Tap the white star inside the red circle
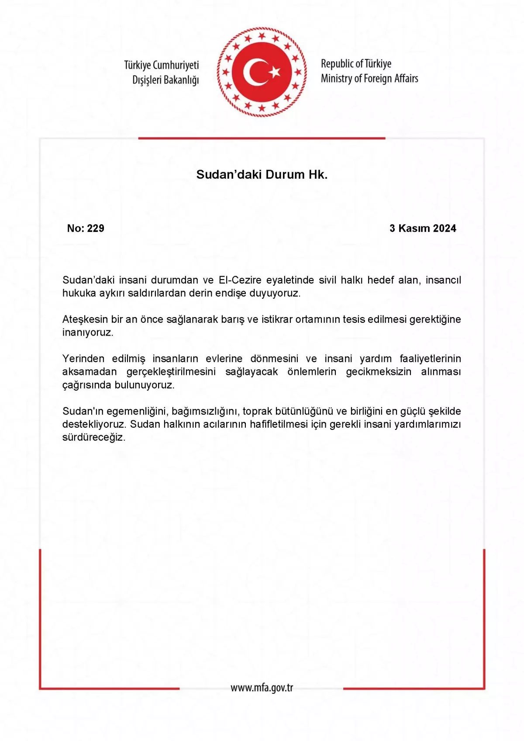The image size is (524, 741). point(275,72)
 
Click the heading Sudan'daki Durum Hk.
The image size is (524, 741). point(262,174)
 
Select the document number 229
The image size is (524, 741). point(96,228)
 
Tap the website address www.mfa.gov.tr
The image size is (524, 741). point(262,688)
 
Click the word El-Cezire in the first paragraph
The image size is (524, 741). point(240,280)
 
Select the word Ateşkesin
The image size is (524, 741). point(85,319)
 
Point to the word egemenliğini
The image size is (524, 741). point(137,412)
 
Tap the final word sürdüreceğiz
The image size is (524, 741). point(93,437)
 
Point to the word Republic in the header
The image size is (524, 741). point(337,64)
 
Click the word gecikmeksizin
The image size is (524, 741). point(379,372)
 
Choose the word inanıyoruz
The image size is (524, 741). point(87,332)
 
